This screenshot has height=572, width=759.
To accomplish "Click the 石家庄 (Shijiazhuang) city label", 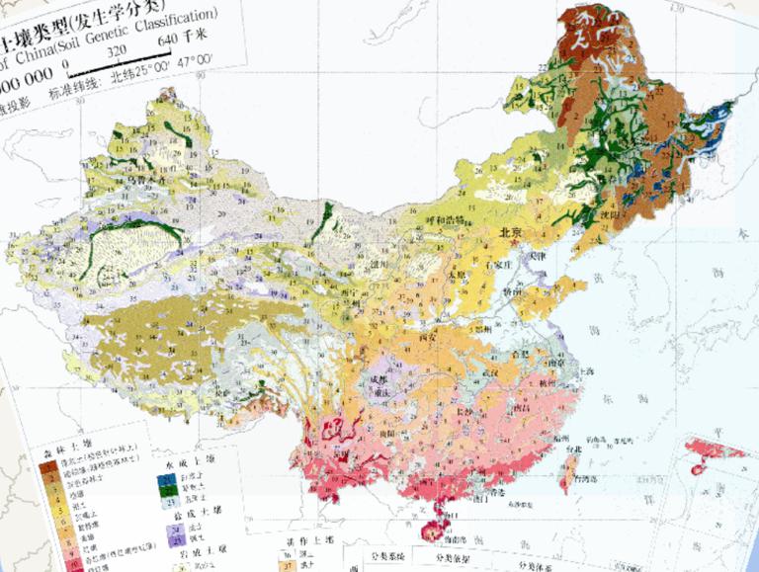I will (478, 265).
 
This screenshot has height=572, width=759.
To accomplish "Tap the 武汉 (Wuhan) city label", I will (490, 369).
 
